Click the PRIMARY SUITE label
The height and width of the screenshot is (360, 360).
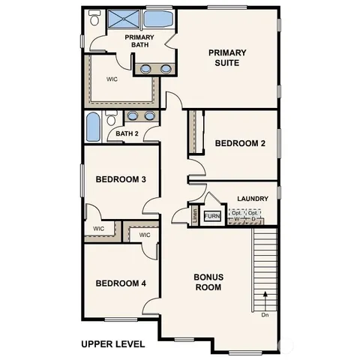tap(227, 58)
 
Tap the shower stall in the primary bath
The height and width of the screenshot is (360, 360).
tap(123, 20)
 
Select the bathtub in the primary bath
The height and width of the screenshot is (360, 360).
tap(157, 19)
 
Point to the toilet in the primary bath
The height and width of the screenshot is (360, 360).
tap(96, 23)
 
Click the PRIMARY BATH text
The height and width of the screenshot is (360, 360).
tap(139, 40)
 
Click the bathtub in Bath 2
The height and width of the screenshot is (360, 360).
tap(93, 127)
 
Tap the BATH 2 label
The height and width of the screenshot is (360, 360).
tap(127, 133)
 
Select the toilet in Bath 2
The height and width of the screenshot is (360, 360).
tap(111, 118)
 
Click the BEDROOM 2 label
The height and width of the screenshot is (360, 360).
tap(239, 143)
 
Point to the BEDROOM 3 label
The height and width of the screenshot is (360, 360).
tap(120, 179)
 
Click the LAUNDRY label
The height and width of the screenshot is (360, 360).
tap(253, 199)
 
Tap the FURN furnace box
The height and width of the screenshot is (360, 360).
tap(212, 216)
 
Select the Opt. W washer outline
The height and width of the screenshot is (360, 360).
tap(237, 216)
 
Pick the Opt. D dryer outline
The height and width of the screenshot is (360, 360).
tap(254, 216)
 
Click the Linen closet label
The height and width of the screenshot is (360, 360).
tap(195, 216)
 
